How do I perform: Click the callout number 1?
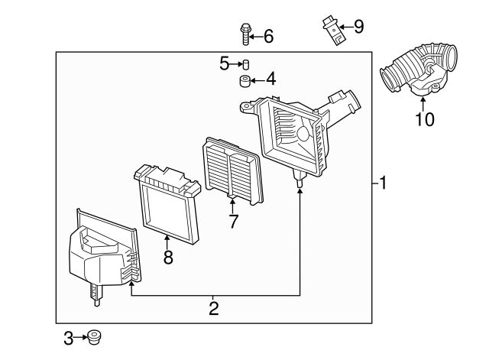coord(383,183)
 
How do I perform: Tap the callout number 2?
coord(214,308)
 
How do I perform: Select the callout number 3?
coord(68,338)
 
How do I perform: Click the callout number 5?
coord(224,63)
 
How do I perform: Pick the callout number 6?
coord(268,36)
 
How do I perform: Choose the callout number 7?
coord(233,221)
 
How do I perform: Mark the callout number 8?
coord(168,258)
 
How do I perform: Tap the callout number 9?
coord(359,27)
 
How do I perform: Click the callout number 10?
coord(424,119)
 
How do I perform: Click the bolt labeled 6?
coord(245,34)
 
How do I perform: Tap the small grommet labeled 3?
coord(94,337)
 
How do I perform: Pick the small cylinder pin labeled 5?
coord(246,64)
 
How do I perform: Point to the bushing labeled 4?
coord(245,81)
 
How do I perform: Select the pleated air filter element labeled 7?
coord(233,170)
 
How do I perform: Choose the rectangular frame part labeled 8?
coord(168,203)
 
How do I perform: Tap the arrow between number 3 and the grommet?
coord(80,337)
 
